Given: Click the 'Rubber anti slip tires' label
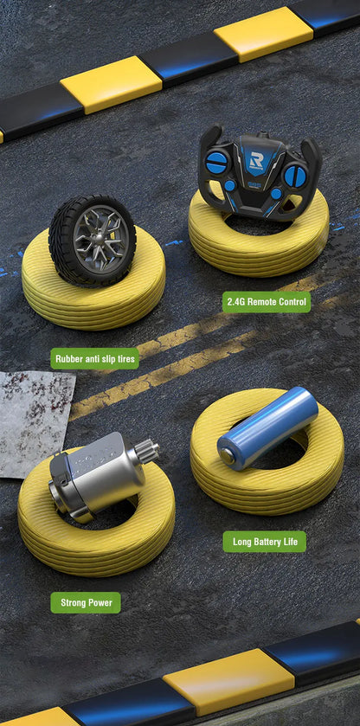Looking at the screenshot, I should click(x=94, y=358).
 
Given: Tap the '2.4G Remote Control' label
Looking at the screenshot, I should click(x=267, y=302).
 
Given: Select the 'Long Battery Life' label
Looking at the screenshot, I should click(x=265, y=542).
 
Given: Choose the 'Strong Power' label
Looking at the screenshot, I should click(x=86, y=602).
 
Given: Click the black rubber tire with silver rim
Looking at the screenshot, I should click(x=92, y=240).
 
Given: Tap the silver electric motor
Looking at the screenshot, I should click(x=95, y=479).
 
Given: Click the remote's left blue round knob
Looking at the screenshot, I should click(x=216, y=162).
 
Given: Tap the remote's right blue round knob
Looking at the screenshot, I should click(x=296, y=175).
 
